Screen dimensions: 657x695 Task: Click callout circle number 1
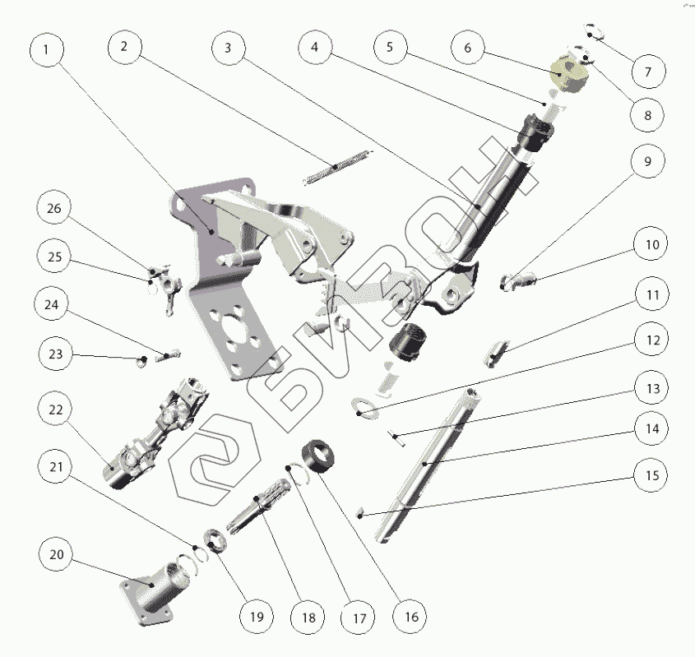47,49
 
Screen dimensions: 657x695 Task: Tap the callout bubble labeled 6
468,48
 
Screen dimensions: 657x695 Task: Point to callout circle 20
57,555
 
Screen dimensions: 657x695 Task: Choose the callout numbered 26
54,209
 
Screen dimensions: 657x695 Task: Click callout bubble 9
648,161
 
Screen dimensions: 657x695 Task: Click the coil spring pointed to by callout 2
336,166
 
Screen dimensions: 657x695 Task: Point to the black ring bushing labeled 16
318,454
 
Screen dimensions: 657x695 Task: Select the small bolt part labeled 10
518,281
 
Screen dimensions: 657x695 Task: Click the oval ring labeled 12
364,407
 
